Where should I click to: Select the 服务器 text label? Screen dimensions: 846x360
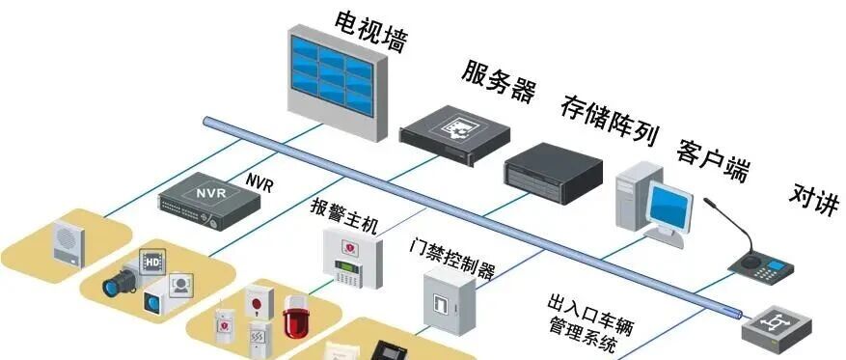pos(498,80)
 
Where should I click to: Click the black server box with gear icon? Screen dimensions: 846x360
pos(454,135)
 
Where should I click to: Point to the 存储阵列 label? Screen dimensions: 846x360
pos(610,121)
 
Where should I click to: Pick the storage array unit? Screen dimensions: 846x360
pos(553,174)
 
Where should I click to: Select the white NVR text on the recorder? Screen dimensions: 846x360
pos(211,193)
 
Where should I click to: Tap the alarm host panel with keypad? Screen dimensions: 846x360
pos(353,258)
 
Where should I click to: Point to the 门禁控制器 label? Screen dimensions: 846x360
pos(452,258)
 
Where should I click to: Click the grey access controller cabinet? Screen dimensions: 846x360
pos(449,300)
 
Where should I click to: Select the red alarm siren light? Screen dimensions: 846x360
pos(295,316)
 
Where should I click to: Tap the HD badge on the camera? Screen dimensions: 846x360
pos(151,262)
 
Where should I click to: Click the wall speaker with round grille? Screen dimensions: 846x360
pos(68,243)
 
